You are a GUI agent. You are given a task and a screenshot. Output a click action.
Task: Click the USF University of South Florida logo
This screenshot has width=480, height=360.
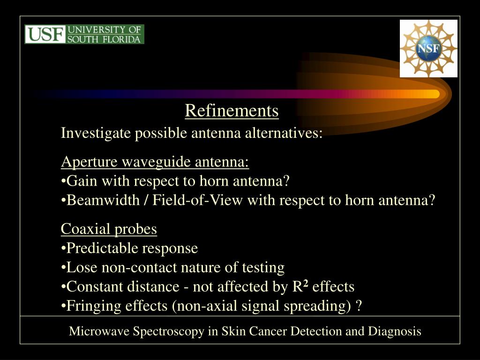click(84, 34)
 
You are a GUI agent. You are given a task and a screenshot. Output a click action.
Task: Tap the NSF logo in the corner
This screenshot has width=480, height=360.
click(428, 48)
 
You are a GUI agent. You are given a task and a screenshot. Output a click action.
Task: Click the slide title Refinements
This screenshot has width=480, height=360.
click(232, 111)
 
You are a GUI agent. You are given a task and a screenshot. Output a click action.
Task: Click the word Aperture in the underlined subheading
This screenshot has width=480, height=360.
click(90, 162)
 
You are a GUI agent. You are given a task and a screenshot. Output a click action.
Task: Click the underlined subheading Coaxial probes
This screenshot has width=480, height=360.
click(109, 229)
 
